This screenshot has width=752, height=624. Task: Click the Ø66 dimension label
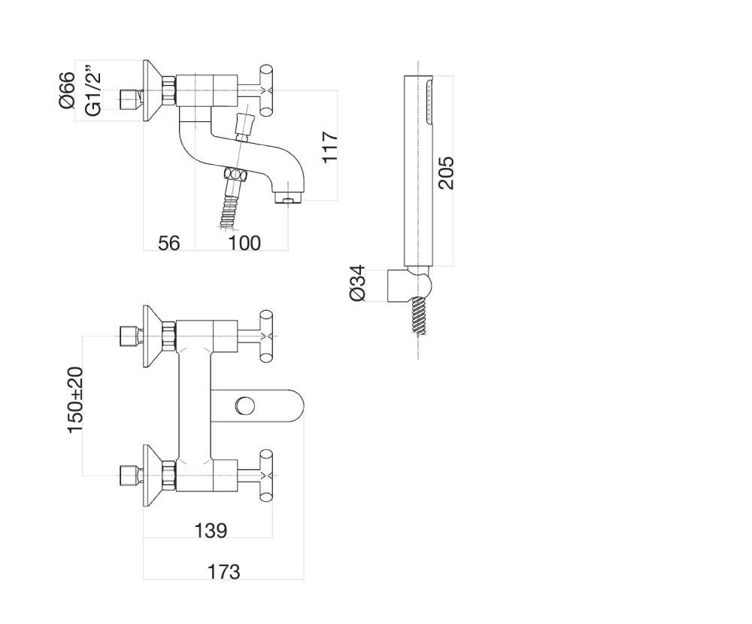[x=67, y=90]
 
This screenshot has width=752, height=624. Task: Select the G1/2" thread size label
[x=93, y=92]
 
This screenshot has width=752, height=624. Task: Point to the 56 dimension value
[x=169, y=242]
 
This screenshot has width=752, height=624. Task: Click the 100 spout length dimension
[x=244, y=242]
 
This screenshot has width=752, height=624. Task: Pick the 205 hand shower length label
[x=445, y=172]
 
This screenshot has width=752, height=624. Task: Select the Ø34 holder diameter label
[x=359, y=283]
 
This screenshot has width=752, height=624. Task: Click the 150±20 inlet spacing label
[x=76, y=400]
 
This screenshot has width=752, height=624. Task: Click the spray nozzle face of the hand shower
[x=429, y=102]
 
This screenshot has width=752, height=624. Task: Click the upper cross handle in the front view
[x=265, y=335]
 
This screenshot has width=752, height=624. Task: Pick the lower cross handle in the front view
[x=265, y=473]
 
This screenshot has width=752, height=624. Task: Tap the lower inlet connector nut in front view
[x=131, y=476]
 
